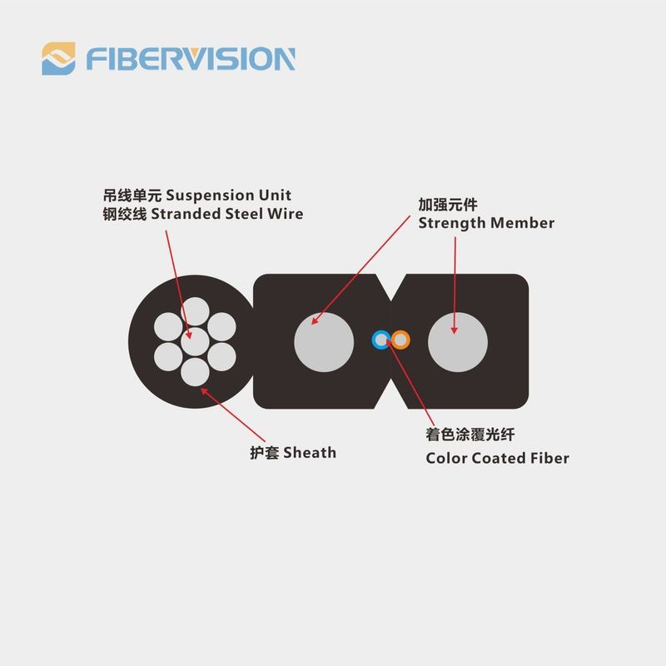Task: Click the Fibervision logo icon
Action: tap(58, 58)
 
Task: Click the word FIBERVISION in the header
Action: tap(191, 58)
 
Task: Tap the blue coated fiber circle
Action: tap(381, 340)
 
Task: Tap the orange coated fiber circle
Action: tap(400, 340)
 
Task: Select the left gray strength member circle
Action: tap(324, 342)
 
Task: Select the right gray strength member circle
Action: tap(458, 342)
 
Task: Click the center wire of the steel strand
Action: tap(195, 341)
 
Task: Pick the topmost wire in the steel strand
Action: tap(195, 311)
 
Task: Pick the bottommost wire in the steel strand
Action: tap(195, 372)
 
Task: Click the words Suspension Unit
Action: tap(228, 196)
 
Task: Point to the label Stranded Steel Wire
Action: tap(227, 214)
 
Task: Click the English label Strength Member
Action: tap(486, 223)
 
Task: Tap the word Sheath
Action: tap(310, 453)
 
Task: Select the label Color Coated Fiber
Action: tap(497, 459)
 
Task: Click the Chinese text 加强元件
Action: tap(448, 205)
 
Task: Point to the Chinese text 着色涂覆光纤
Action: tap(470, 435)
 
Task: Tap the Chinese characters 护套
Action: tap(264, 453)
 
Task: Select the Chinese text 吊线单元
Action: tap(132, 196)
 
